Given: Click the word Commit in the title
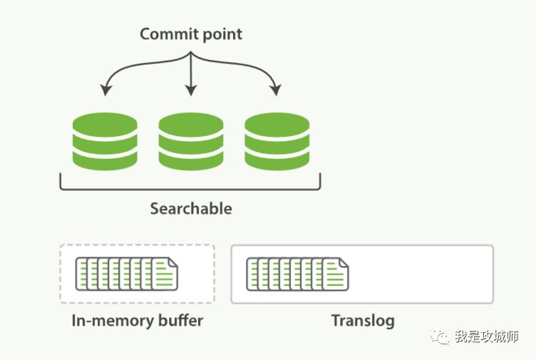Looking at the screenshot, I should (165, 34).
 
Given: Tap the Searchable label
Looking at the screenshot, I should (190, 209).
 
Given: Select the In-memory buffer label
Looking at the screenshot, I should (138, 321).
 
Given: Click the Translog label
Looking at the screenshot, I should (362, 321).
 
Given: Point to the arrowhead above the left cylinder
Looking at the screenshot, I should (105, 91).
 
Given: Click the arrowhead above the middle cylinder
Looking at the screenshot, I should (190, 91).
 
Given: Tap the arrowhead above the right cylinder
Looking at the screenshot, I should (276, 91).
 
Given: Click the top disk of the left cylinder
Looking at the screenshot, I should (105, 123).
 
